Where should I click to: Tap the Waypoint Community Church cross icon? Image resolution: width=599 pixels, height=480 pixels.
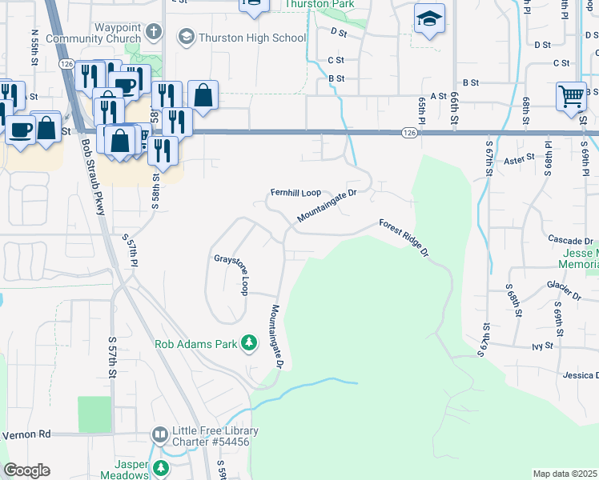pos(155,33)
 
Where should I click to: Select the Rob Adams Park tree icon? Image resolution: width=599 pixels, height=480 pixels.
pos(250,343)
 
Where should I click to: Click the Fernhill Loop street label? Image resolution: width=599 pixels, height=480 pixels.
pos(295,193)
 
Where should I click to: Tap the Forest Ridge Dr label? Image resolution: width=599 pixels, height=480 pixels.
pos(404,238)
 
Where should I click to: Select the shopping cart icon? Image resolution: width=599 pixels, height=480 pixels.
pos(572,97)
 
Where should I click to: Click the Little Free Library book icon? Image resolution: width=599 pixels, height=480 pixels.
pos(159,435)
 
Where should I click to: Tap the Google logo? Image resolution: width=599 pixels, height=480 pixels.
pos(27,470)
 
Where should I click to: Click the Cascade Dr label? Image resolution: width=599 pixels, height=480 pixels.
pos(570,240)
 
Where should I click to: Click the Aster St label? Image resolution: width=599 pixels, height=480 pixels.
pos(519,160)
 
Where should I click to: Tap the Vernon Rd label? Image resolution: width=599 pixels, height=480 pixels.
pos(26,434)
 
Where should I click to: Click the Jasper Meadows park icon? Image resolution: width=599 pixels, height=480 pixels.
pos(162,468)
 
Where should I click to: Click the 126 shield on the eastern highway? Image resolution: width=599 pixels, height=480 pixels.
pos(410,133)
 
